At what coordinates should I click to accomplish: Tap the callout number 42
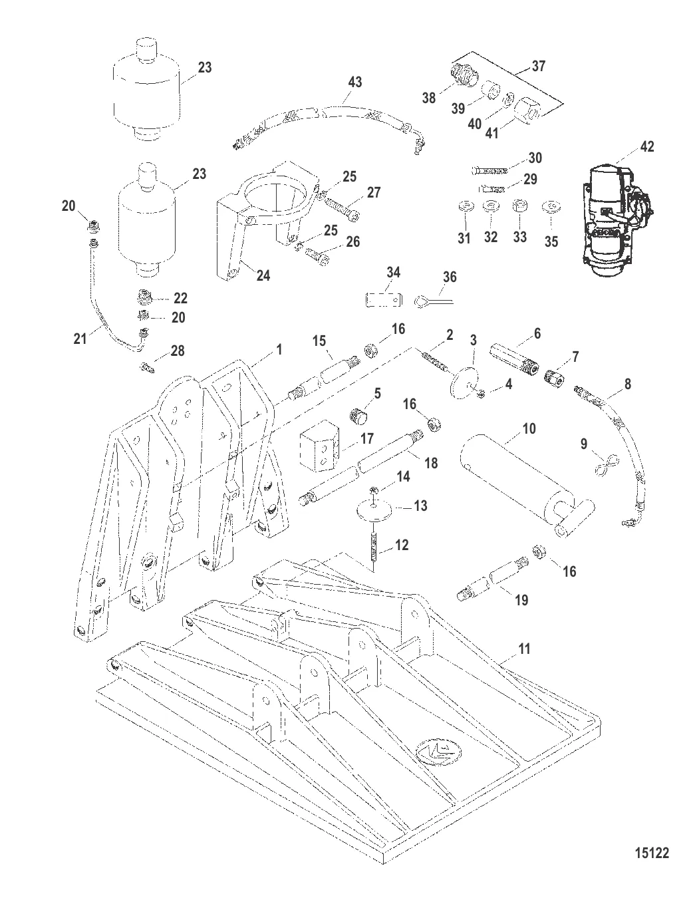tap(646, 146)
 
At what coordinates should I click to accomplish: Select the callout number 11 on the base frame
tap(524, 649)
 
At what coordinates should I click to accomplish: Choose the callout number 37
tap(537, 66)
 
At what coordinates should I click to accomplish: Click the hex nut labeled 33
tap(520, 207)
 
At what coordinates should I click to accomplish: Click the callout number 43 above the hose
tap(355, 82)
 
